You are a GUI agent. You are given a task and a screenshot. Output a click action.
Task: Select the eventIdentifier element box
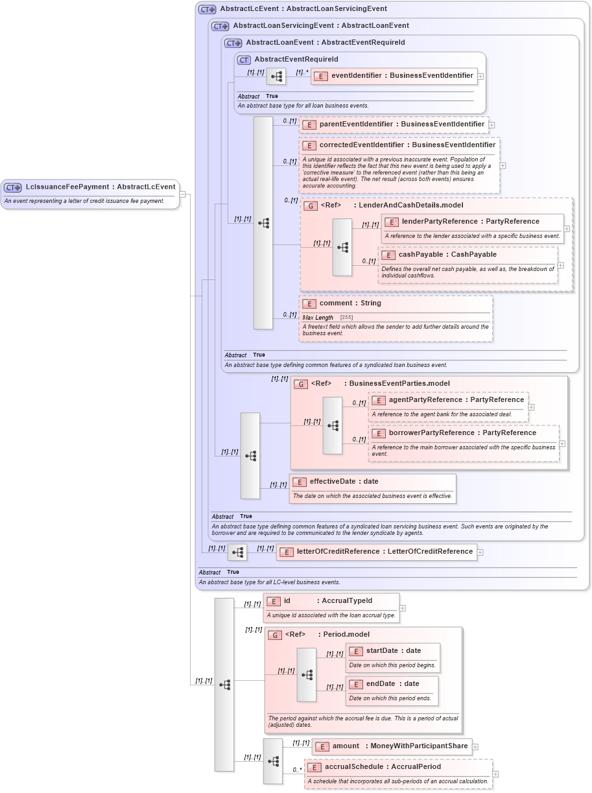394,76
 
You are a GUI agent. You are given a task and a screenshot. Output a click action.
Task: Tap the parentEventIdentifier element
394,124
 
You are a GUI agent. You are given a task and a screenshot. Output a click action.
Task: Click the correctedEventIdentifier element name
399,145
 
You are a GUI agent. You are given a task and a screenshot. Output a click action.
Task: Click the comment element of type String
350,303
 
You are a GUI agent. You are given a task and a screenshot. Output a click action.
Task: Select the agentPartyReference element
448,400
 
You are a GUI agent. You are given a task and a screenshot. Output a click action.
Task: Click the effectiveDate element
344,482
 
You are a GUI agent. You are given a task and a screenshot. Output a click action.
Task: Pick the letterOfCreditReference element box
377,552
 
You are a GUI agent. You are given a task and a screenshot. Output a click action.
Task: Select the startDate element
394,651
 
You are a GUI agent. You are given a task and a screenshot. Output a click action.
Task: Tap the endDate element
392,684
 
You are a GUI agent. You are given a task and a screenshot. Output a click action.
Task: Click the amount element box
392,746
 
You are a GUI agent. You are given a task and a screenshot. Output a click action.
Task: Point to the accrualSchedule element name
383,767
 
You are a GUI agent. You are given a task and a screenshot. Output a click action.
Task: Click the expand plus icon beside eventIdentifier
480,77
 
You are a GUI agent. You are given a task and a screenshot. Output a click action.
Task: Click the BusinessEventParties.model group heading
380,384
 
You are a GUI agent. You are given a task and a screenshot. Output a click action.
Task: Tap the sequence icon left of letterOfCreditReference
237,552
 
